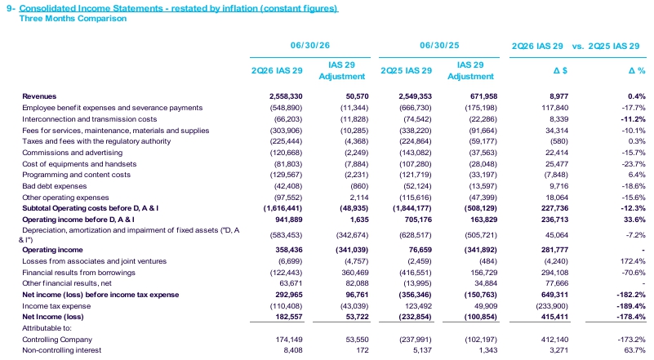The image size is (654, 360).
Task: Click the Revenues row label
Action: pyautogui.click(x=39, y=96)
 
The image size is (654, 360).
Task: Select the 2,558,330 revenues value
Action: pyautogui.click(x=286, y=96)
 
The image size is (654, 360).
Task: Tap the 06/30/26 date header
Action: pyautogui.click(x=310, y=45)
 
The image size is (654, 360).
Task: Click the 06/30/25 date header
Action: pyautogui.click(x=439, y=45)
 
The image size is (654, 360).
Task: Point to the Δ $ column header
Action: pyautogui.click(x=560, y=70)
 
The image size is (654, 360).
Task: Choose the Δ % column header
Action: pyautogui.click(x=637, y=70)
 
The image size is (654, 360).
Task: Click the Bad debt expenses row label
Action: pyautogui.click(x=55, y=186)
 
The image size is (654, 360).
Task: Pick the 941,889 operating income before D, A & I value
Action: pyautogui.click(x=289, y=220)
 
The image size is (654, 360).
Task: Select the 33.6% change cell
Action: pyautogui.click(x=634, y=220)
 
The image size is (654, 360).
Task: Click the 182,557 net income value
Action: pyautogui.click(x=289, y=317)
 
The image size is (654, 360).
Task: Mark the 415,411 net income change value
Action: pyautogui.click(x=554, y=317)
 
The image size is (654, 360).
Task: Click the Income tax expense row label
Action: pyautogui.click(x=56, y=306)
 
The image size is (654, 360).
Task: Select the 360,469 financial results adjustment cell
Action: pyautogui.click(x=355, y=273)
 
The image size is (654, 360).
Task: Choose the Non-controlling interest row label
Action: pyautogui.click(x=62, y=350)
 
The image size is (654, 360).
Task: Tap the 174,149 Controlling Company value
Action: pyautogui.click(x=289, y=340)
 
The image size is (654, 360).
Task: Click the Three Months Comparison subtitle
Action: pyautogui.click(x=73, y=18)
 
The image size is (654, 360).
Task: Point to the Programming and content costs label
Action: pyautogui.click(x=76, y=175)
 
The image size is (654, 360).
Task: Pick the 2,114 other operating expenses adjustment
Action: pyautogui.click(x=360, y=198)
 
